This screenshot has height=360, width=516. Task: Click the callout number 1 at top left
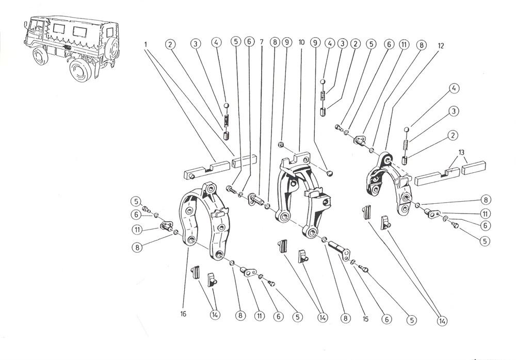tap(146, 44)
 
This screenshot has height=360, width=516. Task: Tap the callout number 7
tap(262, 44)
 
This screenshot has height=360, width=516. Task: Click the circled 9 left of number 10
tap(287, 44)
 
